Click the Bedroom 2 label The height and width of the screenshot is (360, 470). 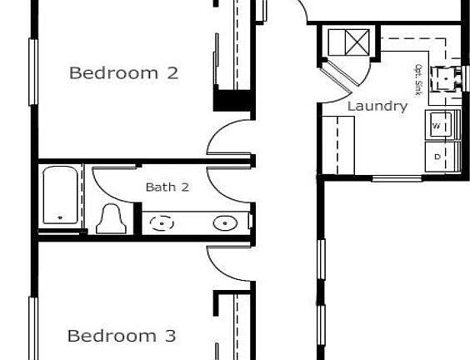(x=123, y=72)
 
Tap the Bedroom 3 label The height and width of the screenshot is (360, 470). (x=121, y=336)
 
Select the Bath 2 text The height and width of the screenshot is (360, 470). (x=167, y=187)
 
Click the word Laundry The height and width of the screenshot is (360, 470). (x=377, y=106)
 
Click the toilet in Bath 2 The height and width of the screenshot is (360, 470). (x=110, y=218)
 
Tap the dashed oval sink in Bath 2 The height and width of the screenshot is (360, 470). (x=162, y=223)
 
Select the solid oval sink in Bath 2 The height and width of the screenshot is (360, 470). (x=222, y=223)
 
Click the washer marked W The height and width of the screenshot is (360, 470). (x=439, y=126)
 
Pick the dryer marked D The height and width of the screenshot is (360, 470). (x=439, y=156)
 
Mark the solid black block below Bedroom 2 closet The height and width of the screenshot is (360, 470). (x=232, y=101)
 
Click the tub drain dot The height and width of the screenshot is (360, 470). (x=60, y=219)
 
